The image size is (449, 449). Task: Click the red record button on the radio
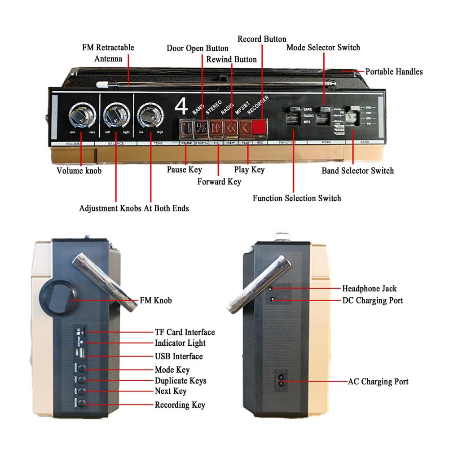259,127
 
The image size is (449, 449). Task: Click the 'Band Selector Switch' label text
357,171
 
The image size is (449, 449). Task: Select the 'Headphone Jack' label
369,288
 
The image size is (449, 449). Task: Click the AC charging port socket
282,381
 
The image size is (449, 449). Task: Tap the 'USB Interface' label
178,357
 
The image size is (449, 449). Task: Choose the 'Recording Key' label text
180,405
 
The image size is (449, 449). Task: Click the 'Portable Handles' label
394,71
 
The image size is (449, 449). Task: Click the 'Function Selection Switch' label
297,198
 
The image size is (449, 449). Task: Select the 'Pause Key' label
185,170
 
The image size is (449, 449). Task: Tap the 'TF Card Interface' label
185,332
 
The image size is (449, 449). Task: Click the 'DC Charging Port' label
372,300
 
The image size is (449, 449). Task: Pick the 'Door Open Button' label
198,48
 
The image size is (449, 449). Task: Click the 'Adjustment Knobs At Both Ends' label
134,208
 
